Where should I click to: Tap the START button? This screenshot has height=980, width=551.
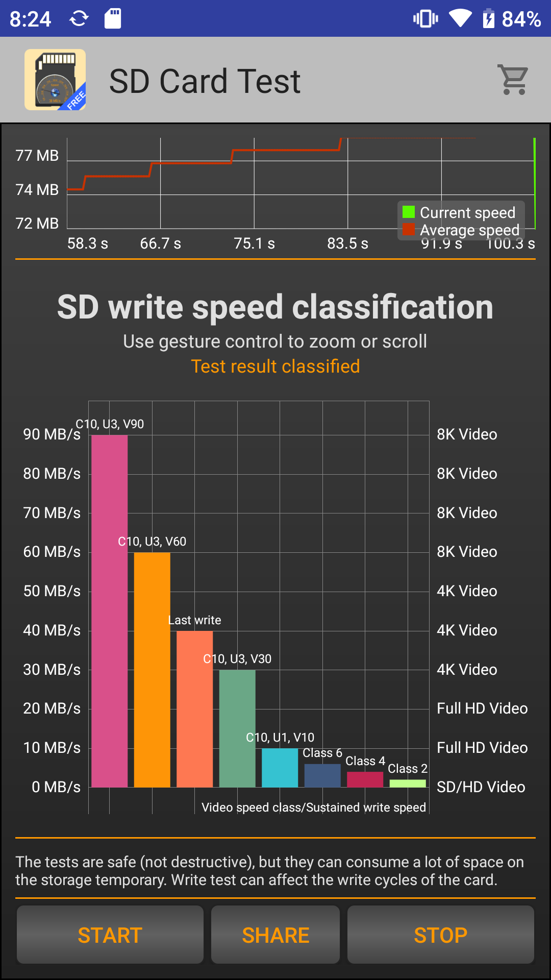(110, 935)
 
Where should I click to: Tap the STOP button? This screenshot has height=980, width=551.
(440, 935)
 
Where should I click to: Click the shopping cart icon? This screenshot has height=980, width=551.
(513, 80)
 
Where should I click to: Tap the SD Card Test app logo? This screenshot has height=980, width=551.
(55, 80)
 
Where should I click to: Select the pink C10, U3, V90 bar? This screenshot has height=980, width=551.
(109, 612)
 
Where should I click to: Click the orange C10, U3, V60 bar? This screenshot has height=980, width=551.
(152, 669)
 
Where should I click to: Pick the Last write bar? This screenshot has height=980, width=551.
(194, 709)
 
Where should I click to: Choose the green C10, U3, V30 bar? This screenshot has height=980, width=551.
(237, 729)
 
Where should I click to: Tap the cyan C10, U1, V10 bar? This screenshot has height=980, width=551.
(280, 768)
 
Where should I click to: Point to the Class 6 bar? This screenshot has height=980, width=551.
(322, 776)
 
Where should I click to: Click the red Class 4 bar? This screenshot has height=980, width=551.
(365, 779)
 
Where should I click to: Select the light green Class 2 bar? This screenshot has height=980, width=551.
(408, 783)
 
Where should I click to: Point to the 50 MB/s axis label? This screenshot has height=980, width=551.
(52, 591)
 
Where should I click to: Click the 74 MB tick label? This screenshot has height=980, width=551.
(37, 190)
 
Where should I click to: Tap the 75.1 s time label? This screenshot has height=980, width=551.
(254, 243)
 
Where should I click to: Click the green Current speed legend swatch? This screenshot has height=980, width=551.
(409, 212)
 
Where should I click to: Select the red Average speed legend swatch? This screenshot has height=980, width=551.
(409, 230)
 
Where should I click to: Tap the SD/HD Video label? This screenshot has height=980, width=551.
(481, 787)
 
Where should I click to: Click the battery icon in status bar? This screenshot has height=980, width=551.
(488, 19)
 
